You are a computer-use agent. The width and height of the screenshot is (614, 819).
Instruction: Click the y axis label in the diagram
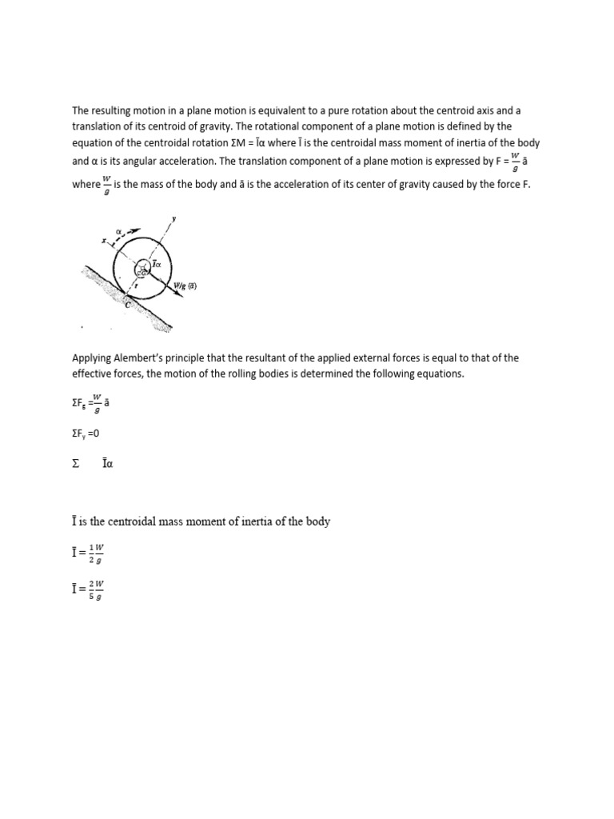coord(173,218)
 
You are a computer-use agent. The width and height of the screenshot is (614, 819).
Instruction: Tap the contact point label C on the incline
coord(127,305)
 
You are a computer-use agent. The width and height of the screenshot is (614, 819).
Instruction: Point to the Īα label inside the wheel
coord(157,263)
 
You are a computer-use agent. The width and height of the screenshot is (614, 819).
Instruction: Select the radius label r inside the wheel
coord(136,283)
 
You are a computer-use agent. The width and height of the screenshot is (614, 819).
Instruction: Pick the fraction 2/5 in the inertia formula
coord(92,591)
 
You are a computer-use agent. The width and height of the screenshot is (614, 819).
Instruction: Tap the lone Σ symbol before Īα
coord(76,463)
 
